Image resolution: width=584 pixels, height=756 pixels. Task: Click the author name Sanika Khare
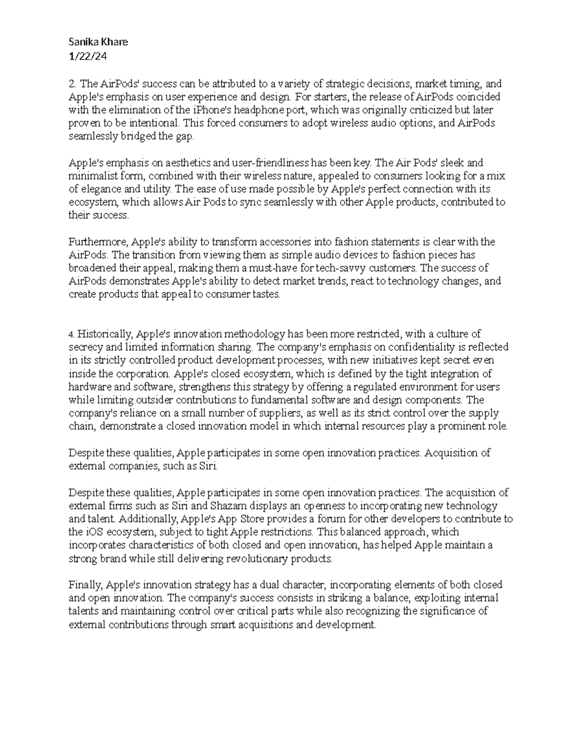click(98, 42)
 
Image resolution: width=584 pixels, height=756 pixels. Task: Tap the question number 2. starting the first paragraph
click(72, 83)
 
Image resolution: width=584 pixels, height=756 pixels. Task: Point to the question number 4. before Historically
click(71, 334)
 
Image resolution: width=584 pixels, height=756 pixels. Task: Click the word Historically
click(105, 334)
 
